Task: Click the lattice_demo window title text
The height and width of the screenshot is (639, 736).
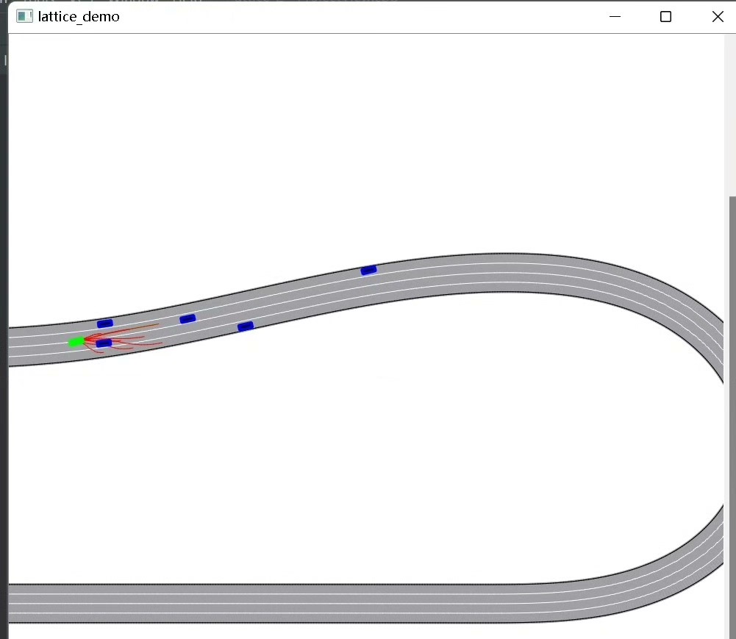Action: tap(79, 17)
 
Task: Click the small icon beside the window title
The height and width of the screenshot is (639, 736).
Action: tap(24, 16)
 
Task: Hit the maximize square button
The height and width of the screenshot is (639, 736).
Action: tap(665, 17)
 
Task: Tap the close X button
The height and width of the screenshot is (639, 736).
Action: tap(718, 17)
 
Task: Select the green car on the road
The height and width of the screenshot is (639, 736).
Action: tap(76, 342)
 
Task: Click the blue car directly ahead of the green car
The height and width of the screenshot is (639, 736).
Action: tap(104, 343)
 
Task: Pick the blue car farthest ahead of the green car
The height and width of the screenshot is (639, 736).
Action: tap(368, 270)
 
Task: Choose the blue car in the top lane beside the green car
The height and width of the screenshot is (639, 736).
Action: tap(105, 324)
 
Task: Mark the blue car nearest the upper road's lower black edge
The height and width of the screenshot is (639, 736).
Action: tap(246, 326)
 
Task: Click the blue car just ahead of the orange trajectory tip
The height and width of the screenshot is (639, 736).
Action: tap(187, 319)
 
